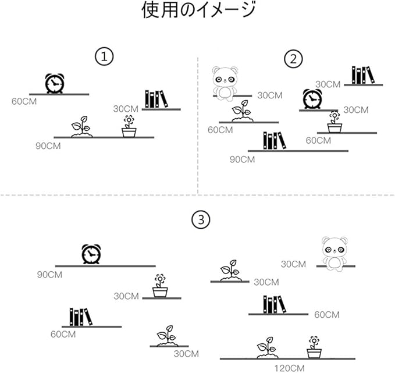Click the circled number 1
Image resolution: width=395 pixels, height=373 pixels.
pos(104,57)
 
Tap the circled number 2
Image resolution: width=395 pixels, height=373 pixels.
pos(293,59)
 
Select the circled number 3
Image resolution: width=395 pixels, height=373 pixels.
pos(201,220)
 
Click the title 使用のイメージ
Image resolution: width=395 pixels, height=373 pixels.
pos(198,10)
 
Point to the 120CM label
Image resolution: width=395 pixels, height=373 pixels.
pos(289,368)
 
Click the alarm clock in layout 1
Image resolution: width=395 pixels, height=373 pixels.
pos(55,83)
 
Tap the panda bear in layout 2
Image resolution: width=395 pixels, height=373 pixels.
pos(225,84)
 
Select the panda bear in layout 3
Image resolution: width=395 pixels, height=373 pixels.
pos(334,254)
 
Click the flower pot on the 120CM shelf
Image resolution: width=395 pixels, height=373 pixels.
pos(314,347)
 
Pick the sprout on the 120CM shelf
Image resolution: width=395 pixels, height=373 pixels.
pos(267,348)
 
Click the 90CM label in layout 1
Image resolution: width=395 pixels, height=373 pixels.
pos(48,146)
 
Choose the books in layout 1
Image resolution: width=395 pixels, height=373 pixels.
pos(156,99)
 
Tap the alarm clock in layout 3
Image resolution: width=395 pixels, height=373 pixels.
pos(91,254)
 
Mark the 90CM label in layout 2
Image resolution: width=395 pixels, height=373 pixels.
pos(242,159)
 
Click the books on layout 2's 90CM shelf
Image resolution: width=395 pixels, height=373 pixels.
pos(275,141)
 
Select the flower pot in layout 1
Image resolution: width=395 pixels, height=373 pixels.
pos(129,126)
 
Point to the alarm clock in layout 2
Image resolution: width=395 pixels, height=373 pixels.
pos(312,99)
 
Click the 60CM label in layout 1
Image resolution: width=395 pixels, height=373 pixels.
pos(24,102)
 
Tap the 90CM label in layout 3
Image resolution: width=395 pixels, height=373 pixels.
pos(49,275)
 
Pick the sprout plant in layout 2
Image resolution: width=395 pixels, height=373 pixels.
pos(243,111)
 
